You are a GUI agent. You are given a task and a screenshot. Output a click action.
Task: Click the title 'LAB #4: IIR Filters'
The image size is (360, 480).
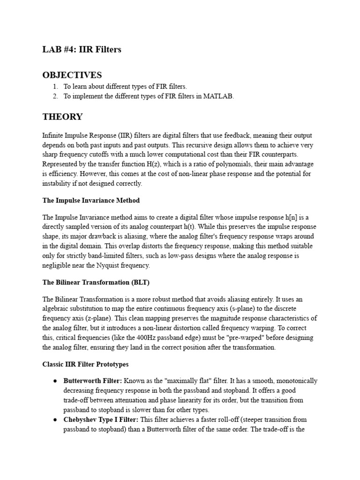tap(82, 50)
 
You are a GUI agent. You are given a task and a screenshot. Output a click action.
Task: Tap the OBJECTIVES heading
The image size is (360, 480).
tap(72, 75)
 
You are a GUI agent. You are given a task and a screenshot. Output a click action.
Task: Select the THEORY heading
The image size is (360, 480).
tap(62, 117)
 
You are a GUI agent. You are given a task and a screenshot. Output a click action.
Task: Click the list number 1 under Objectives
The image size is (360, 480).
tap(55, 87)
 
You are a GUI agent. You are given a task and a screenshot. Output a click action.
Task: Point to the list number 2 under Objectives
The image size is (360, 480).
tap(55, 97)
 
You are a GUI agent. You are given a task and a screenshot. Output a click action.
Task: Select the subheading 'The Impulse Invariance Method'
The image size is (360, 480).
tap(91, 200)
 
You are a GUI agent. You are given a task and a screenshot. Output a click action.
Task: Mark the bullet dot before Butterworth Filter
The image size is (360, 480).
tap(55, 381)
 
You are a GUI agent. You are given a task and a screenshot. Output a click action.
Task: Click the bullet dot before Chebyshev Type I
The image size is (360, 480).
tap(55, 420)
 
